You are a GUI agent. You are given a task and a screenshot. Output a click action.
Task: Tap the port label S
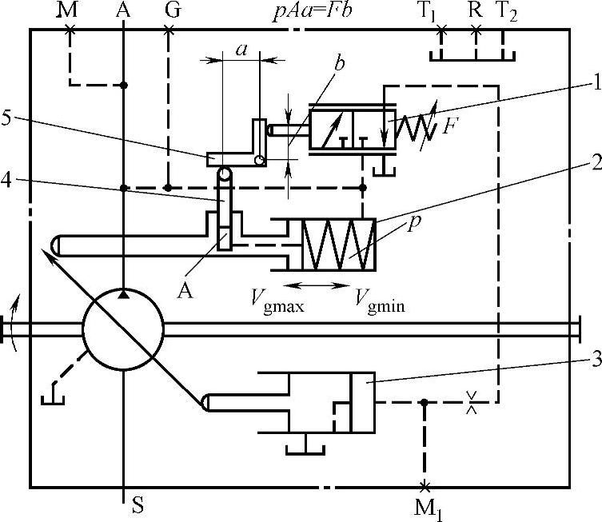(138, 504)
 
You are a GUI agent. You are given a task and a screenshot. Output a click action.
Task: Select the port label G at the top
(173, 10)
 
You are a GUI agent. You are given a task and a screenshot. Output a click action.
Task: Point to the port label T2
(507, 12)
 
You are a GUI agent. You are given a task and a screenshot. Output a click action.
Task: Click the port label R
(476, 10)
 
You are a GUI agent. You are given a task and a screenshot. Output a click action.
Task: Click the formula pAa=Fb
(312, 12)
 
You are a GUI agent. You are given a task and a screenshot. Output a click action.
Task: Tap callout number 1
(596, 82)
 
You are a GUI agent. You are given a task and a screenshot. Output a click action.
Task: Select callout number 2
(596, 162)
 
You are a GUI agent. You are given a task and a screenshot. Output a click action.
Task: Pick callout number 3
(596, 360)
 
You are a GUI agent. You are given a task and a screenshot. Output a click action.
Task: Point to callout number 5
(6, 118)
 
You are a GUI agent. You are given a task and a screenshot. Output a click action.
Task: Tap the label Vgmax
(277, 301)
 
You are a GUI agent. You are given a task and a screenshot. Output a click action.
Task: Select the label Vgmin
(379, 301)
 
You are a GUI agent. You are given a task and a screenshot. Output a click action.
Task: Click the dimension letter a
(241, 50)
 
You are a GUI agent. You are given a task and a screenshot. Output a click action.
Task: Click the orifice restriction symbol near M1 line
(472, 402)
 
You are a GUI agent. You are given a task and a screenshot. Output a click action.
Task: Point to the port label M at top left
(68, 10)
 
